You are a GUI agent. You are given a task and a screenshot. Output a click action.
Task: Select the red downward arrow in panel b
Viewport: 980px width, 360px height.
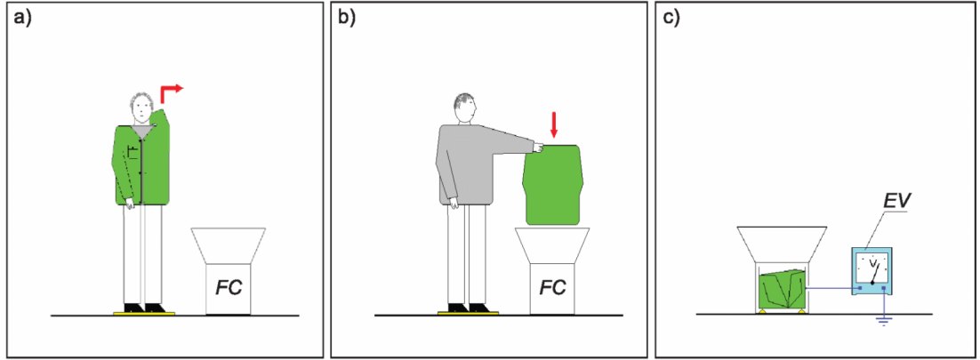(x=553, y=130)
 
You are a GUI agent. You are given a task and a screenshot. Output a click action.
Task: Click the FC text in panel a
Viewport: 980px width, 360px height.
(x=229, y=287)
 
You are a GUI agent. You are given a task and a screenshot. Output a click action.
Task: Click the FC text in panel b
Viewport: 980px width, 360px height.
(x=552, y=287)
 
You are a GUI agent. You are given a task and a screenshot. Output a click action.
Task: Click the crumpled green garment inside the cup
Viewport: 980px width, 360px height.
(x=781, y=290)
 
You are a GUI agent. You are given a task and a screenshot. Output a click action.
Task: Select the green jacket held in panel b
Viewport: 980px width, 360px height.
(x=553, y=184)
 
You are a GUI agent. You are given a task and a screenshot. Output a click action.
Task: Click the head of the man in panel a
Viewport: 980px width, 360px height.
(x=142, y=108)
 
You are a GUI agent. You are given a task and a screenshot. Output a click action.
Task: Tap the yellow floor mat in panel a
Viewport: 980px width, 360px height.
(x=144, y=313)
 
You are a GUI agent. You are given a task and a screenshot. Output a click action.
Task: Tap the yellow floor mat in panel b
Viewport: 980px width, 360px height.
(x=468, y=313)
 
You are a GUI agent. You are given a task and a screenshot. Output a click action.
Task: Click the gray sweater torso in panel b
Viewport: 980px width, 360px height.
(x=466, y=164)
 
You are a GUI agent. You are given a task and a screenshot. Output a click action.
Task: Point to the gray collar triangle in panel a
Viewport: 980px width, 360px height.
(x=142, y=132)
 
